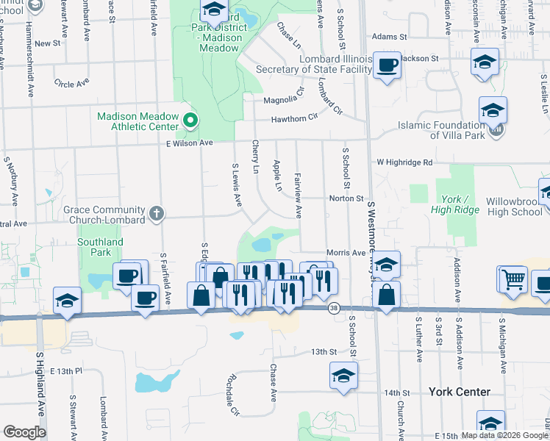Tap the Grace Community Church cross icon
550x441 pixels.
(x=155, y=214)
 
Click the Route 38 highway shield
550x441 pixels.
(x=335, y=309)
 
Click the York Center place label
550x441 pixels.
(x=460, y=392)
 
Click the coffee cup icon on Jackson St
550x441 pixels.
(x=386, y=65)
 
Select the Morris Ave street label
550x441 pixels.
(x=346, y=252)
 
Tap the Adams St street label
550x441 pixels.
(x=389, y=36)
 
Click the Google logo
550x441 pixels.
(x=24, y=432)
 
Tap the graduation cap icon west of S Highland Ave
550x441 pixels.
(x=68, y=301)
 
